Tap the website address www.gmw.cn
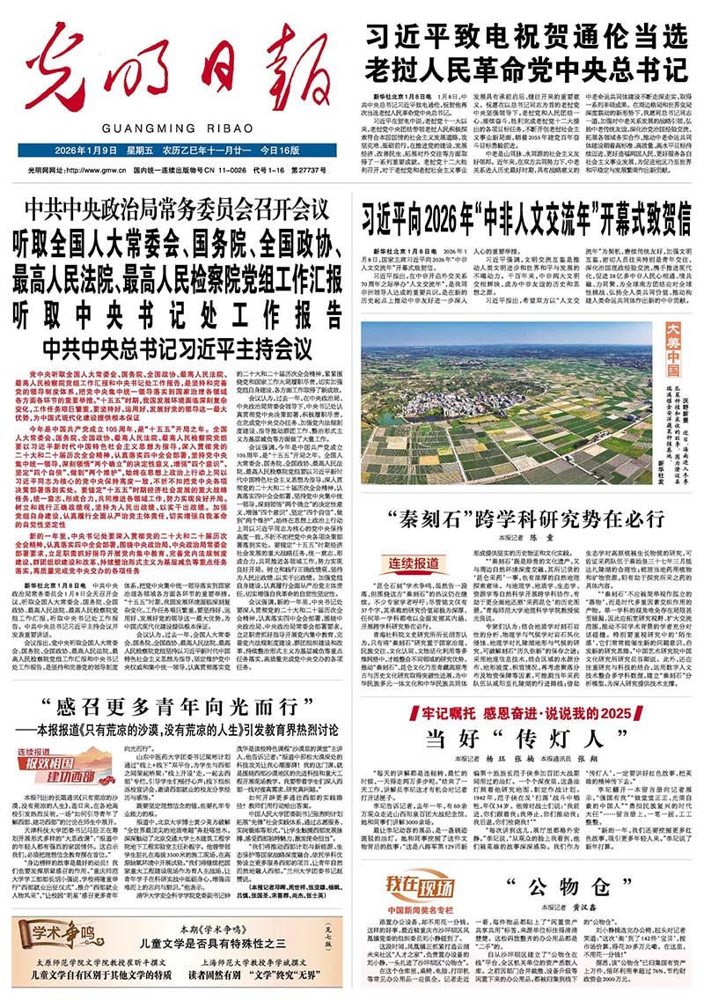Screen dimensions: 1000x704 [x=100, y=169]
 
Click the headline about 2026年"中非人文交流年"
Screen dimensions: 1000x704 [x=525, y=214]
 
